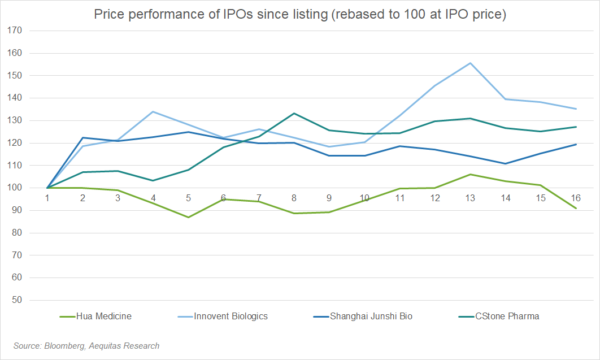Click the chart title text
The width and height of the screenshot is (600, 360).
299,15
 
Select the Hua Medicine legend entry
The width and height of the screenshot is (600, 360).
104,316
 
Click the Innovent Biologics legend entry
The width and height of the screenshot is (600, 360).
231,316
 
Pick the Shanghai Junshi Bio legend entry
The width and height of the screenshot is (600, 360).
371,316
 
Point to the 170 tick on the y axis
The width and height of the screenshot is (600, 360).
14,31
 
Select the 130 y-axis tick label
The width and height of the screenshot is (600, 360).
14,120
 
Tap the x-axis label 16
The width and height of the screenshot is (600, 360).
576,198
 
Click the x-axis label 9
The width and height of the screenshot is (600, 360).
329,198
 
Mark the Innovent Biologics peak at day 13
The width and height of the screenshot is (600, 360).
470,63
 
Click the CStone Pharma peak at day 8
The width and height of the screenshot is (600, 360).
294,113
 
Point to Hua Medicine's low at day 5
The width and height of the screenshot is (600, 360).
188,217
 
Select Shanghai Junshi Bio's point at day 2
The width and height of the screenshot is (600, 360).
82,137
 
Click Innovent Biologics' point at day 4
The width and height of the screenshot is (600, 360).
153,111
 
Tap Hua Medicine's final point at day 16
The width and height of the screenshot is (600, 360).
576,208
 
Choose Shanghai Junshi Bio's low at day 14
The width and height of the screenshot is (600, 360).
505,164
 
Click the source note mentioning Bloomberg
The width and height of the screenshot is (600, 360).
86,346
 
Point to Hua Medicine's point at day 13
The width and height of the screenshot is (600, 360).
470,174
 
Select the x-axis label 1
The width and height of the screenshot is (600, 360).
47,198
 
